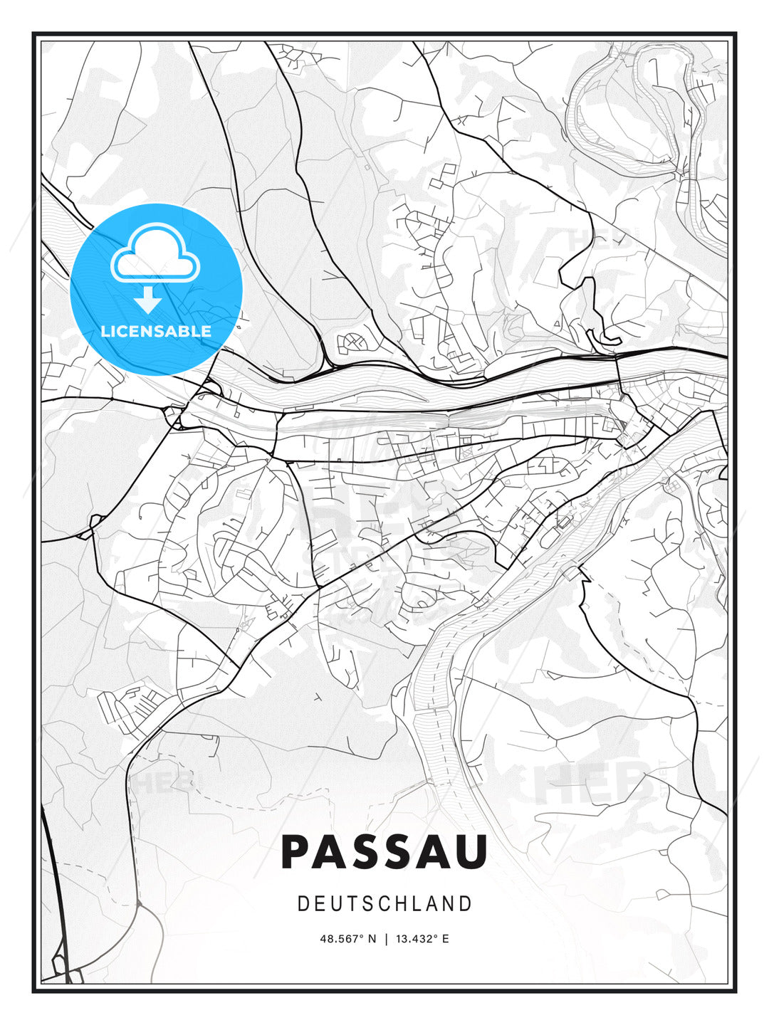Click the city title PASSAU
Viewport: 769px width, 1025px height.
(384, 852)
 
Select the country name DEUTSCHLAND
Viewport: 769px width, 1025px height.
(384, 904)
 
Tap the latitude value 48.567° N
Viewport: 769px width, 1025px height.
(347, 939)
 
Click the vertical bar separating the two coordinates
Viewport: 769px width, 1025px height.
(386, 939)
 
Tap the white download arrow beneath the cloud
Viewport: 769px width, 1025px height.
(148, 300)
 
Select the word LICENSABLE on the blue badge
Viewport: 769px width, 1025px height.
(156, 331)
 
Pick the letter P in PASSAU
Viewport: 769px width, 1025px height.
(298, 852)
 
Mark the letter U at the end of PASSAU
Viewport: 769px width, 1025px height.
(471, 852)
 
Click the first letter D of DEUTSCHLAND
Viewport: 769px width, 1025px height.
(303, 904)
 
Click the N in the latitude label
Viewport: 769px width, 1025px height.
(372, 939)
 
